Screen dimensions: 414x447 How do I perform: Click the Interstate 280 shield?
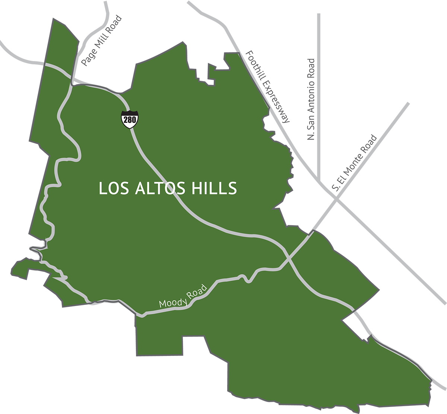click(x=130, y=119)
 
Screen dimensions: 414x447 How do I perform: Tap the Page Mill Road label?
click(x=102, y=41)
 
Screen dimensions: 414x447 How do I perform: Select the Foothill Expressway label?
click(x=267, y=86)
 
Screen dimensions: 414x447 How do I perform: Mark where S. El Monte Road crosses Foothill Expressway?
click(x=337, y=200)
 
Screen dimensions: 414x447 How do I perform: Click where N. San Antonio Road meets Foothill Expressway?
click(x=319, y=180)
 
